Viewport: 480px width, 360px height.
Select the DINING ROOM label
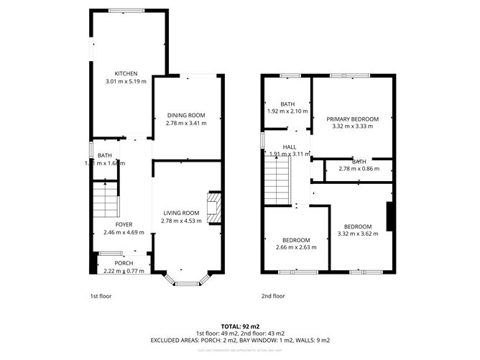point(186,115)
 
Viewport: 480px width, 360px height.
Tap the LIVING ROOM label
point(180,213)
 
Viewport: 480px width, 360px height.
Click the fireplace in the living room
point(214,208)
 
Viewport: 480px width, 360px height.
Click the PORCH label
point(124,263)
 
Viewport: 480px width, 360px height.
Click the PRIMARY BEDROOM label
point(351,119)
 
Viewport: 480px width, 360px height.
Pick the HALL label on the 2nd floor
point(289,147)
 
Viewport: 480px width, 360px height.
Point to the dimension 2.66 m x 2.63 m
point(295,248)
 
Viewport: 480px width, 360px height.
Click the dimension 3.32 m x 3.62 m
point(357,234)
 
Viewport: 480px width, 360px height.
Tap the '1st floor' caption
point(101,296)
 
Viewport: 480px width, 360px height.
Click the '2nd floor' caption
point(273,296)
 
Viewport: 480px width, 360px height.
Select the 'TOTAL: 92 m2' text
point(239,326)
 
